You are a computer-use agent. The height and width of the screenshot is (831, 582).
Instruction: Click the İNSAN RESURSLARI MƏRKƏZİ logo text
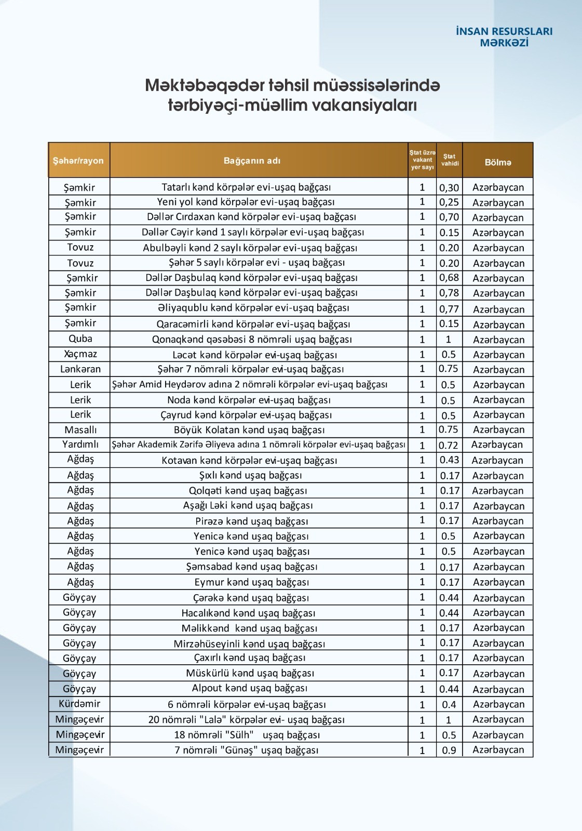[x=504, y=37]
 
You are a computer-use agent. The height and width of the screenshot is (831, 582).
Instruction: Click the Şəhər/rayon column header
[x=78, y=161]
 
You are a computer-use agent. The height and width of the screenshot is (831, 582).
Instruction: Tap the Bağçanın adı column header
[x=252, y=161]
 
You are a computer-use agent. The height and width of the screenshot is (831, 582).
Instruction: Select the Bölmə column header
[x=498, y=163]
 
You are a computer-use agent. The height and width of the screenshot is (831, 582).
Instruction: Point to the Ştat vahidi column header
[x=450, y=160]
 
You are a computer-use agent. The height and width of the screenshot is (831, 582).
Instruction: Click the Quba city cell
[x=80, y=339]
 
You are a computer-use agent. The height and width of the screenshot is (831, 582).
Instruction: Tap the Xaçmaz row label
[x=80, y=354]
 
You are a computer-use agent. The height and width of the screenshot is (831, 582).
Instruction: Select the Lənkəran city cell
[x=80, y=369]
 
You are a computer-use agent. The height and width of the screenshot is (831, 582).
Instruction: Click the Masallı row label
[x=80, y=430]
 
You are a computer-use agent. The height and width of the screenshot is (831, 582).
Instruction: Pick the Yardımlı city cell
[x=80, y=445]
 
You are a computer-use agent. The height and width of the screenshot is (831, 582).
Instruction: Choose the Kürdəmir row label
[x=79, y=704]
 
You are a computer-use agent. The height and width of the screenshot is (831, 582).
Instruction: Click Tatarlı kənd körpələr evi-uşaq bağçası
[x=246, y=187]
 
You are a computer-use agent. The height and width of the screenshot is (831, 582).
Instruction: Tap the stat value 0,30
[x=449, y=187]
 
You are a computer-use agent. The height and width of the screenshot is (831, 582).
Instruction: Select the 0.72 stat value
[x=449, y=445]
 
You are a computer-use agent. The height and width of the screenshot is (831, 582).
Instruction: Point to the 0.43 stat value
[x=449, y=460]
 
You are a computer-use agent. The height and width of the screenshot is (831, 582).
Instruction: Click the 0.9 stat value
[x=449, y=750]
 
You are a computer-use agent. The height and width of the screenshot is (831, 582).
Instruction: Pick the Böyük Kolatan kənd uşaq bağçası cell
[x=249, y=430]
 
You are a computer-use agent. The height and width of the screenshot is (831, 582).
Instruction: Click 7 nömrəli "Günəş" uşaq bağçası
[x=247, y=750]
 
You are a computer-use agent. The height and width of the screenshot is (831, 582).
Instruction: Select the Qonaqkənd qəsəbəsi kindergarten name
[x=252, y=339]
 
